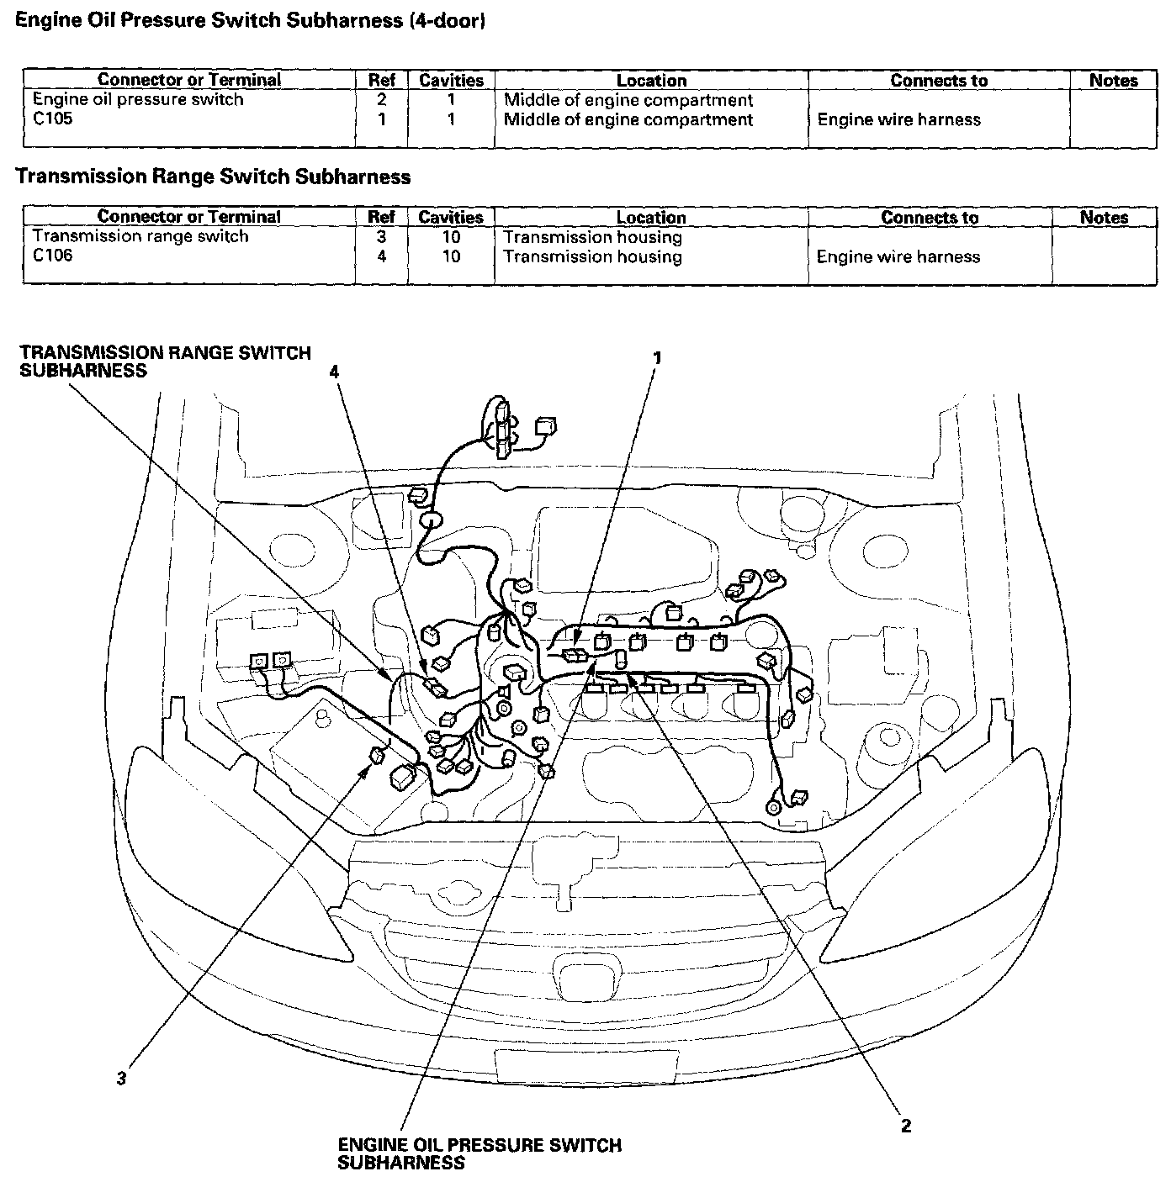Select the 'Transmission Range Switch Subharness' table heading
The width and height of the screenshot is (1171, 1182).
(214, 177)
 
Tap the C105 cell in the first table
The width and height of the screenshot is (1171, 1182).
(53, 119)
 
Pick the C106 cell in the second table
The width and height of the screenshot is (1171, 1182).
(53, 256)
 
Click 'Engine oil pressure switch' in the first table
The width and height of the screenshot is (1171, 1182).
(138, 99)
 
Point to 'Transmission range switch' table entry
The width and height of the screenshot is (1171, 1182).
(140, 236)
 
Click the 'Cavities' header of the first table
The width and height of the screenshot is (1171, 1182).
(451, 80)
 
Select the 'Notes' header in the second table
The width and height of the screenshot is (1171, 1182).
(1104, 217)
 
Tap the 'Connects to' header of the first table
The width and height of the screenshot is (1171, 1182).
(939, 80)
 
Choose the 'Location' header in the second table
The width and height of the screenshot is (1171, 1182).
(651, 217)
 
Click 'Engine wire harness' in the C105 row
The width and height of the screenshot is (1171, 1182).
(898, 119)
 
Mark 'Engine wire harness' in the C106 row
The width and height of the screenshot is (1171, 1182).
(898, 256)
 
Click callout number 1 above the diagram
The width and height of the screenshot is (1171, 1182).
(657, 358)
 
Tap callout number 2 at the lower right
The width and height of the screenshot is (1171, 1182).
(906, 1126)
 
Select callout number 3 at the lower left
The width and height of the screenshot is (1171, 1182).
(122, 1079)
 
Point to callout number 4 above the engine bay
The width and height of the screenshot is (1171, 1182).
(335, 372)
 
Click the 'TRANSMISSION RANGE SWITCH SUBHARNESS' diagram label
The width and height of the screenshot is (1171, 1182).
(166, 361)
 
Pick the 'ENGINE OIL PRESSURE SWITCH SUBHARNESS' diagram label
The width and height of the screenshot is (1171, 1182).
(480, 1154)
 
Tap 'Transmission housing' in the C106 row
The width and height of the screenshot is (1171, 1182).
(592, 256)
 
